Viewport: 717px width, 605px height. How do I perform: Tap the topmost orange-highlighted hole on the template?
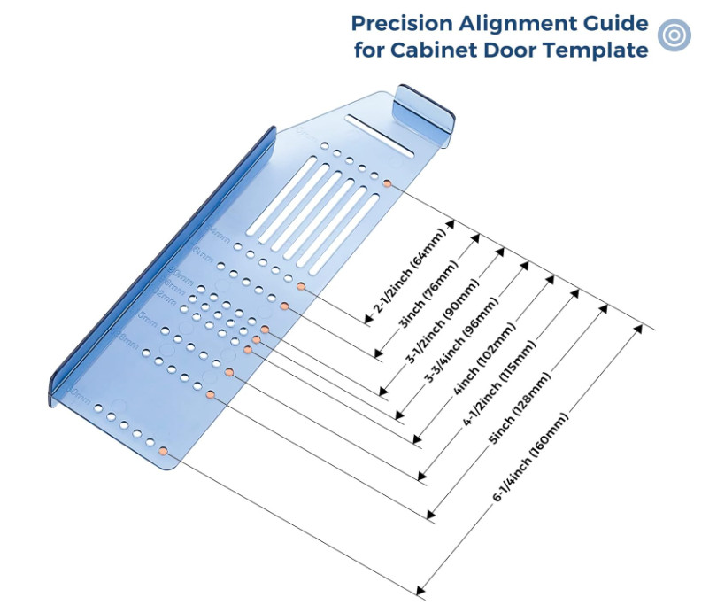tap(388, 183)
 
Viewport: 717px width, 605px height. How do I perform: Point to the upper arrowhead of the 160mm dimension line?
tap(636, 329)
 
